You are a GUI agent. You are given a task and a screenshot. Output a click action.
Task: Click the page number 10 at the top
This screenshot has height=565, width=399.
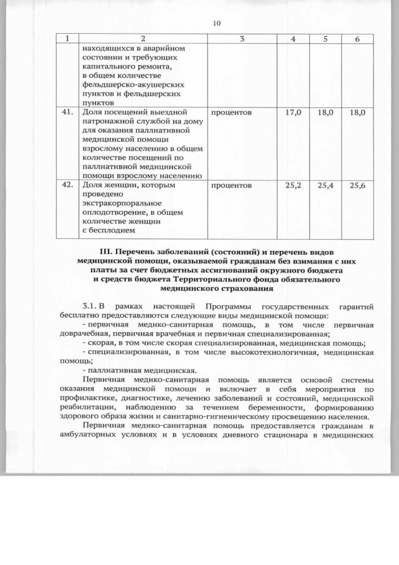click(x=217, y=23)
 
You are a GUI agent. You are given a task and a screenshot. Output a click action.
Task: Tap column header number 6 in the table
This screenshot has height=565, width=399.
click(x=357, y=39)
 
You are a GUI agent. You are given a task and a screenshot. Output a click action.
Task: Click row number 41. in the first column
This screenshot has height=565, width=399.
click(x=63, y=113)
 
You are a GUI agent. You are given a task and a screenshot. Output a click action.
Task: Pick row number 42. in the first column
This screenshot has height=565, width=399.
click(x=63, y=185)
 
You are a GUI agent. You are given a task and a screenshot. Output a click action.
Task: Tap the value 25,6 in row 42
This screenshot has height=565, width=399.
click(x=357, y=185)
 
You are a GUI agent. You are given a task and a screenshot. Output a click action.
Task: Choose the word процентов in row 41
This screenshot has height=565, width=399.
click(x=231, y=113)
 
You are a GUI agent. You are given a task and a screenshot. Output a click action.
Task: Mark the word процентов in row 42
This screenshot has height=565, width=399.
click(x=231, y=185)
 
